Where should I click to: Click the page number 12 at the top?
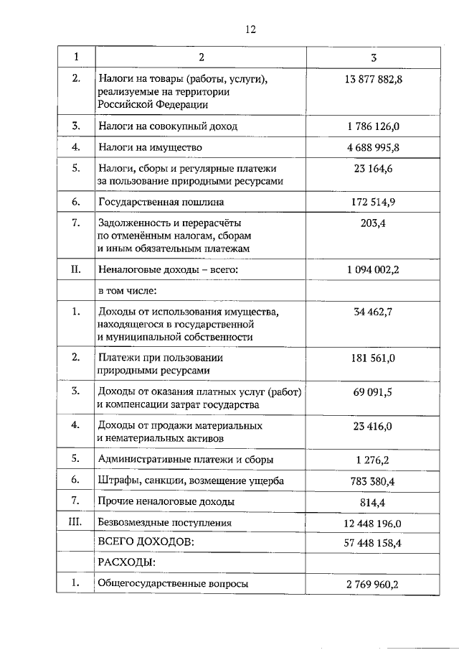tap(250, 29)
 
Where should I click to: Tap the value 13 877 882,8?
tap(374, 79)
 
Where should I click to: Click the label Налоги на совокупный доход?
tap(168, 126)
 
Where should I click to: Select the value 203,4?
tap(374, 223)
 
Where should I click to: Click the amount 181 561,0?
tap(374, 358)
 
